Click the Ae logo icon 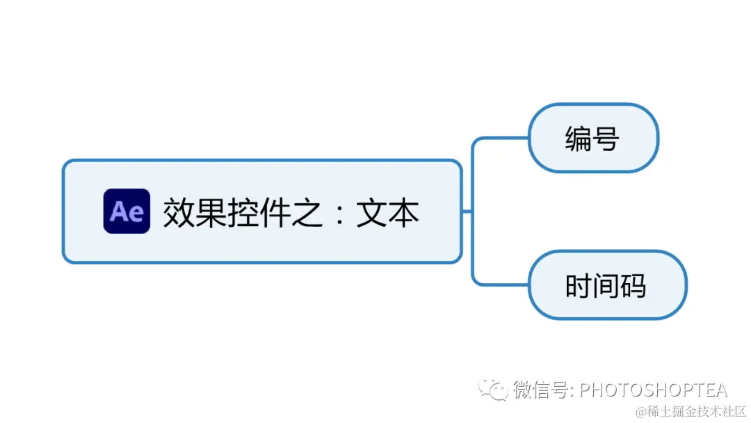tap(127, 211)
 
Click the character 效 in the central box tap(178, 212)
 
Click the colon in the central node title tap(340, 213)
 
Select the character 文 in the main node tap(372, 212)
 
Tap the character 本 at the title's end tap(404, 212)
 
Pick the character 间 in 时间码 tap(606, 285)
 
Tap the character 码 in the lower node tap(633, 285)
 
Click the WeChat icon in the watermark tap(496, 390)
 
